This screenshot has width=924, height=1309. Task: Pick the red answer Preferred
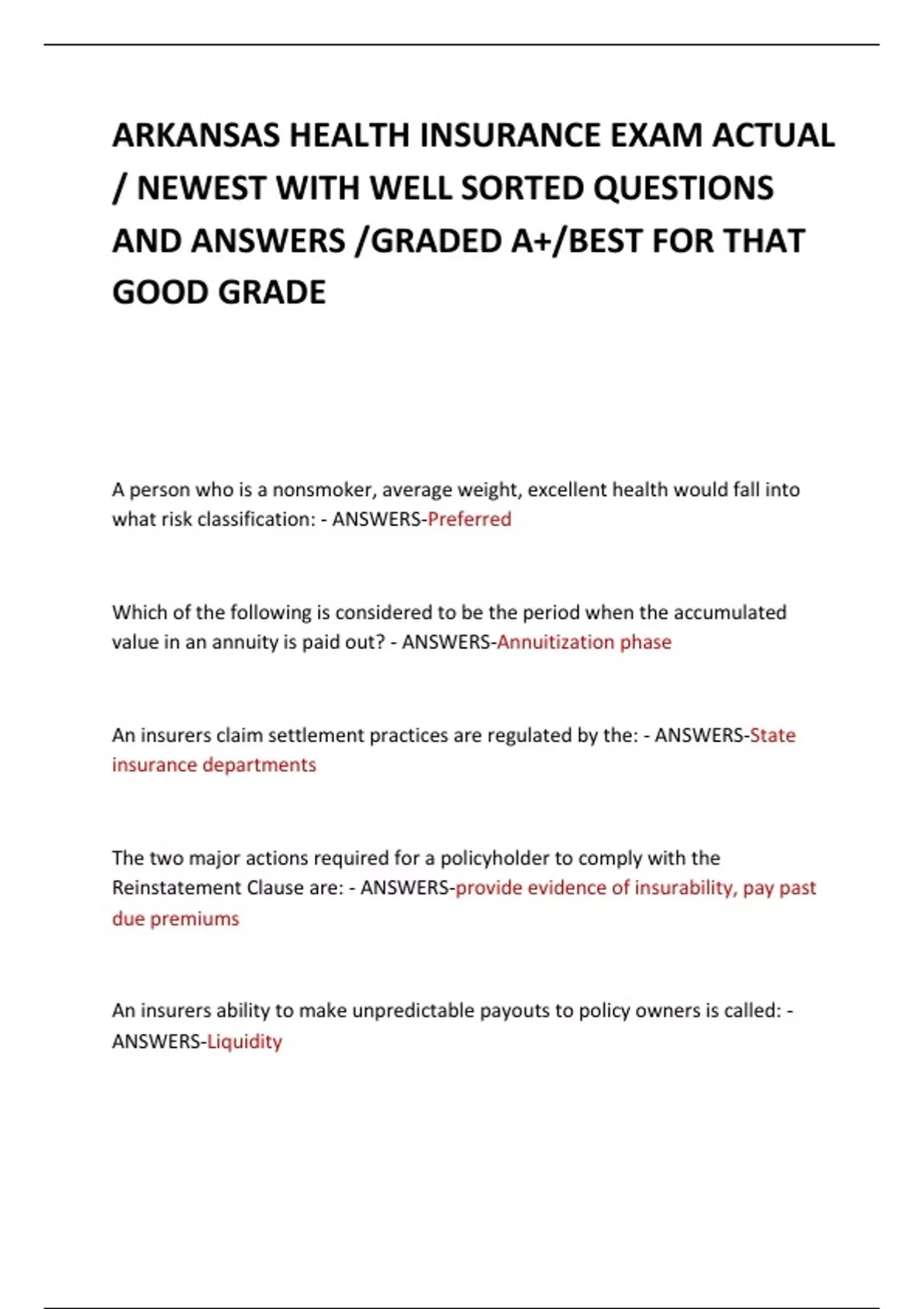[x=469, y=519]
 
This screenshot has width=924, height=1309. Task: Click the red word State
[x=772, y=735]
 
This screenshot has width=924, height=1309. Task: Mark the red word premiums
[x=194, y=919]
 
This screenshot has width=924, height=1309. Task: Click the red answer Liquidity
[x=244, y=1041]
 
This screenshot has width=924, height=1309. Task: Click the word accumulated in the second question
[x=729, y=612]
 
